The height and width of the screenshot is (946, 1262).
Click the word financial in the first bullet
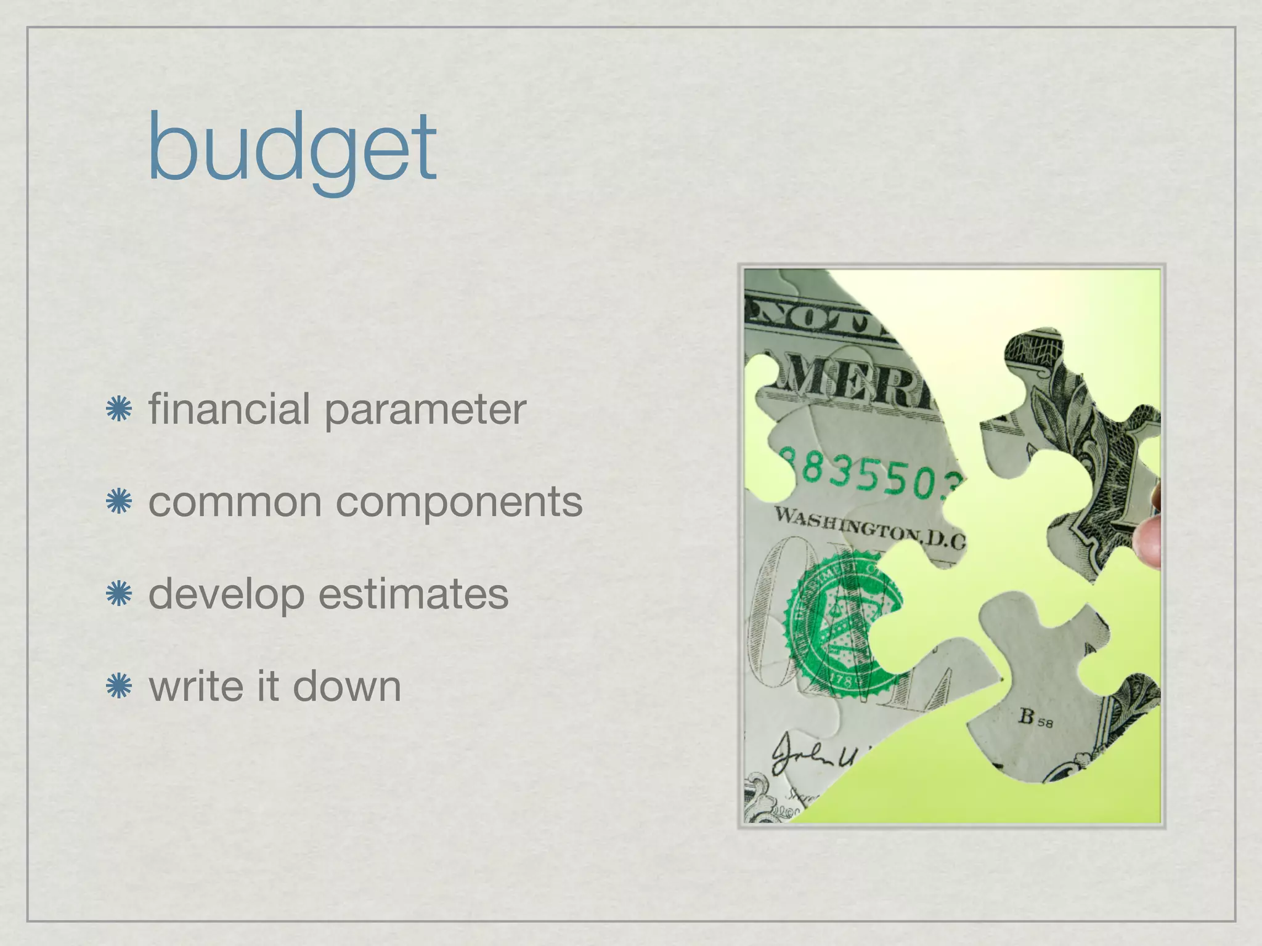click(x=229, y=409)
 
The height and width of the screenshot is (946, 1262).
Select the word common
click(x=235, y=503)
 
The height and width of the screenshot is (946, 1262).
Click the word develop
click(x=226, y=595)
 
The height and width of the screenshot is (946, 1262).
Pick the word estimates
click(x=413, y=594)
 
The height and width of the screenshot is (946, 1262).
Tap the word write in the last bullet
click(x=197, y=686)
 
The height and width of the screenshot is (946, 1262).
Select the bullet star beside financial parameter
click(x=118, y=410)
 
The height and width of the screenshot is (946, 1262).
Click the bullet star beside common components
click(x=118, y=502)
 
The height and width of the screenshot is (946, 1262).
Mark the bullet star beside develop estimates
click(x=118, y=594)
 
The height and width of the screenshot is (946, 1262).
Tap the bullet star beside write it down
click(x=118, y=687)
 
